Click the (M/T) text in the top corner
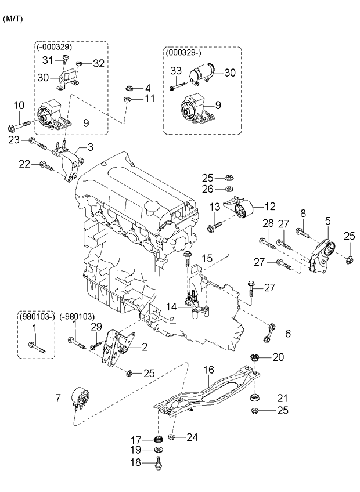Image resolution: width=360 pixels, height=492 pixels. [x=13, y=19]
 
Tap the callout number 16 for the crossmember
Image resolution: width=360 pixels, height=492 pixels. [x=208, y=368]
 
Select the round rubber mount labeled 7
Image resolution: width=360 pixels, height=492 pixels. [x=80, y=399]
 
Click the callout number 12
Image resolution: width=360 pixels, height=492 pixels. [x=271, y=205]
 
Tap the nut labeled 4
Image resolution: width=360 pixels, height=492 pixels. [x=129, y=89]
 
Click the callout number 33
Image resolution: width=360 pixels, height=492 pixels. [x=176, y=71]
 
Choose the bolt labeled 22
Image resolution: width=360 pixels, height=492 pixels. [x=47, y=167]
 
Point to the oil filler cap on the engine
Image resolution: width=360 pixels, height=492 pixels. [x=154, y=205]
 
